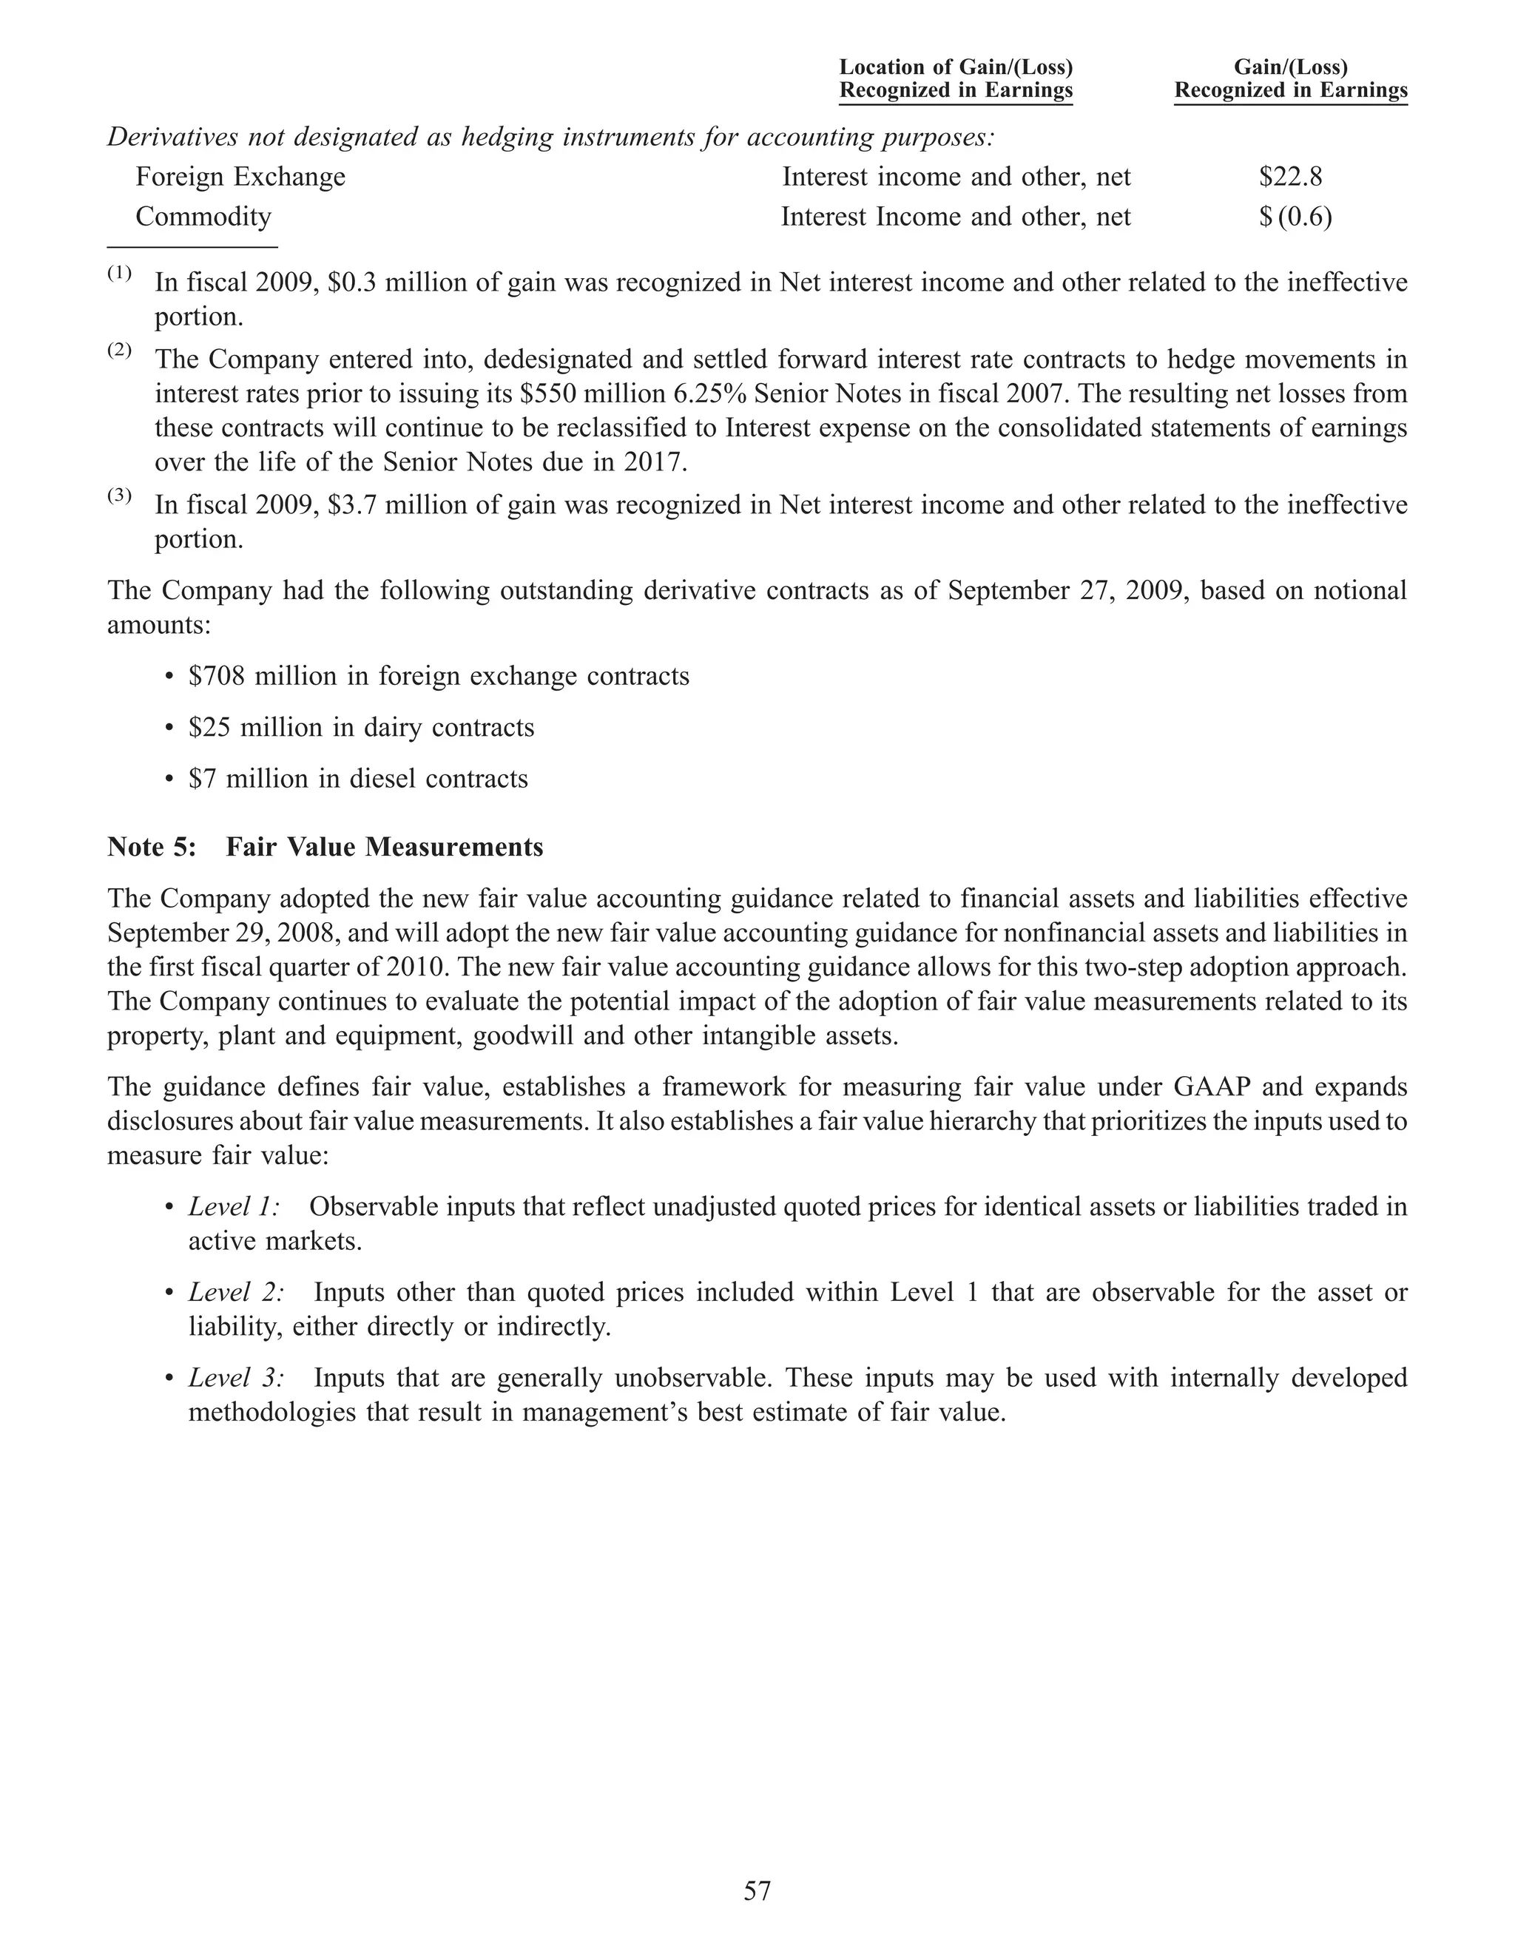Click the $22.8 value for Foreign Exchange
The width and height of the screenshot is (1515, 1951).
[x=1290, y=177]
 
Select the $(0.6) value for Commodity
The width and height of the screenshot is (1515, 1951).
[x=1295, y=217]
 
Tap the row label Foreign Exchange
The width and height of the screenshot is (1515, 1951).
[x=240, y=177]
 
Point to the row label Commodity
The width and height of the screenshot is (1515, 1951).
[x=203, y=217]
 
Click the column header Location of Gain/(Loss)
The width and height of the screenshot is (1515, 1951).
[x=955, y=67]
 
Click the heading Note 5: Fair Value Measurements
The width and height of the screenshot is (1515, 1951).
[x=325, y=847]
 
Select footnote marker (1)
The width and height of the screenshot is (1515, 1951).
[x=120, y=274]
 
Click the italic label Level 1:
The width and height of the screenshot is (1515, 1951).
[x=234, y=1207]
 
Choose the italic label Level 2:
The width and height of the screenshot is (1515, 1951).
[x=237, y=1293]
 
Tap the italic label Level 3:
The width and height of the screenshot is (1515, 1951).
[x=237, y=1378]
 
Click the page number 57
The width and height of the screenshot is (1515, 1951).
[x=757, y=1891]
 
